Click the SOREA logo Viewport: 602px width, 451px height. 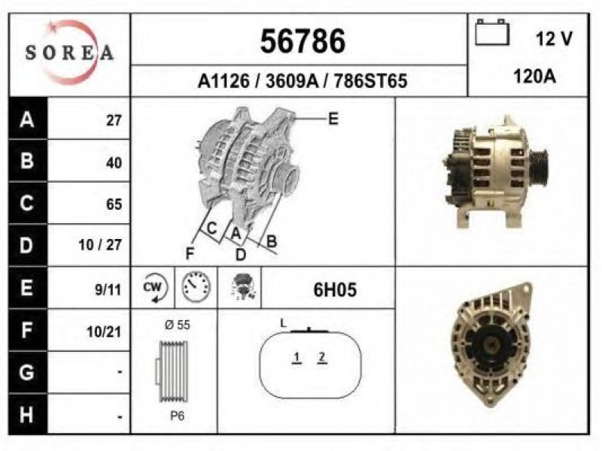pyautogui.click(x=69, y=53)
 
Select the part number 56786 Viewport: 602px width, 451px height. pyautogui.click(x=303, y=41)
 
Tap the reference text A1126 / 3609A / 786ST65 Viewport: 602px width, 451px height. pyautogui.click(x=303, y=81)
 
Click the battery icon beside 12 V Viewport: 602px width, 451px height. pyautogui.click(x=492, y=32)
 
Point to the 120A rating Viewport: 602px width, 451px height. pyautogui.click(x=534, y=77)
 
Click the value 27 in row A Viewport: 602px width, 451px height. pyautogui.click(x=114, y=120)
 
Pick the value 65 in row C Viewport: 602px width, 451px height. pyautogui.click(x=114, y=204)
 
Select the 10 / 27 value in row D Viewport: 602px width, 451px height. pyautogui.click(x=100, y=245)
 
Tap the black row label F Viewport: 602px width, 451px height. pyautogui.click(x=27, y=330)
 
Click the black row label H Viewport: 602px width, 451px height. pyautogui.click(x=27, y=415)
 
